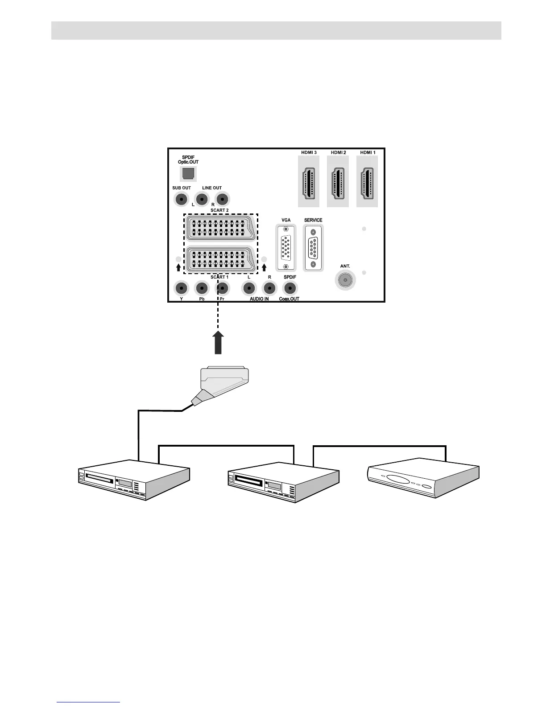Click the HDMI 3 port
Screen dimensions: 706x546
pos(309,183)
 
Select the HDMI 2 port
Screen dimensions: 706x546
pos(338,183)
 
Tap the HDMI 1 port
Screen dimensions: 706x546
pos(367,183)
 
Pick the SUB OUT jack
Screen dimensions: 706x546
pos(181,199)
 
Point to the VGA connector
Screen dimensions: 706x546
pos(286,248)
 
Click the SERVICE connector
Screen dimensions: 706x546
pos(313,248)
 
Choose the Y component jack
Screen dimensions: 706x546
pos(181,288)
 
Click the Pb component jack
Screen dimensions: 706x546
pos(202,288)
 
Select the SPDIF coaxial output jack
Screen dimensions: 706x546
pos(290,288)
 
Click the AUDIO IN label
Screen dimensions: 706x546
pos(259,299)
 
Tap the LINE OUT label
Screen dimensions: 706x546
pos(212,188)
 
